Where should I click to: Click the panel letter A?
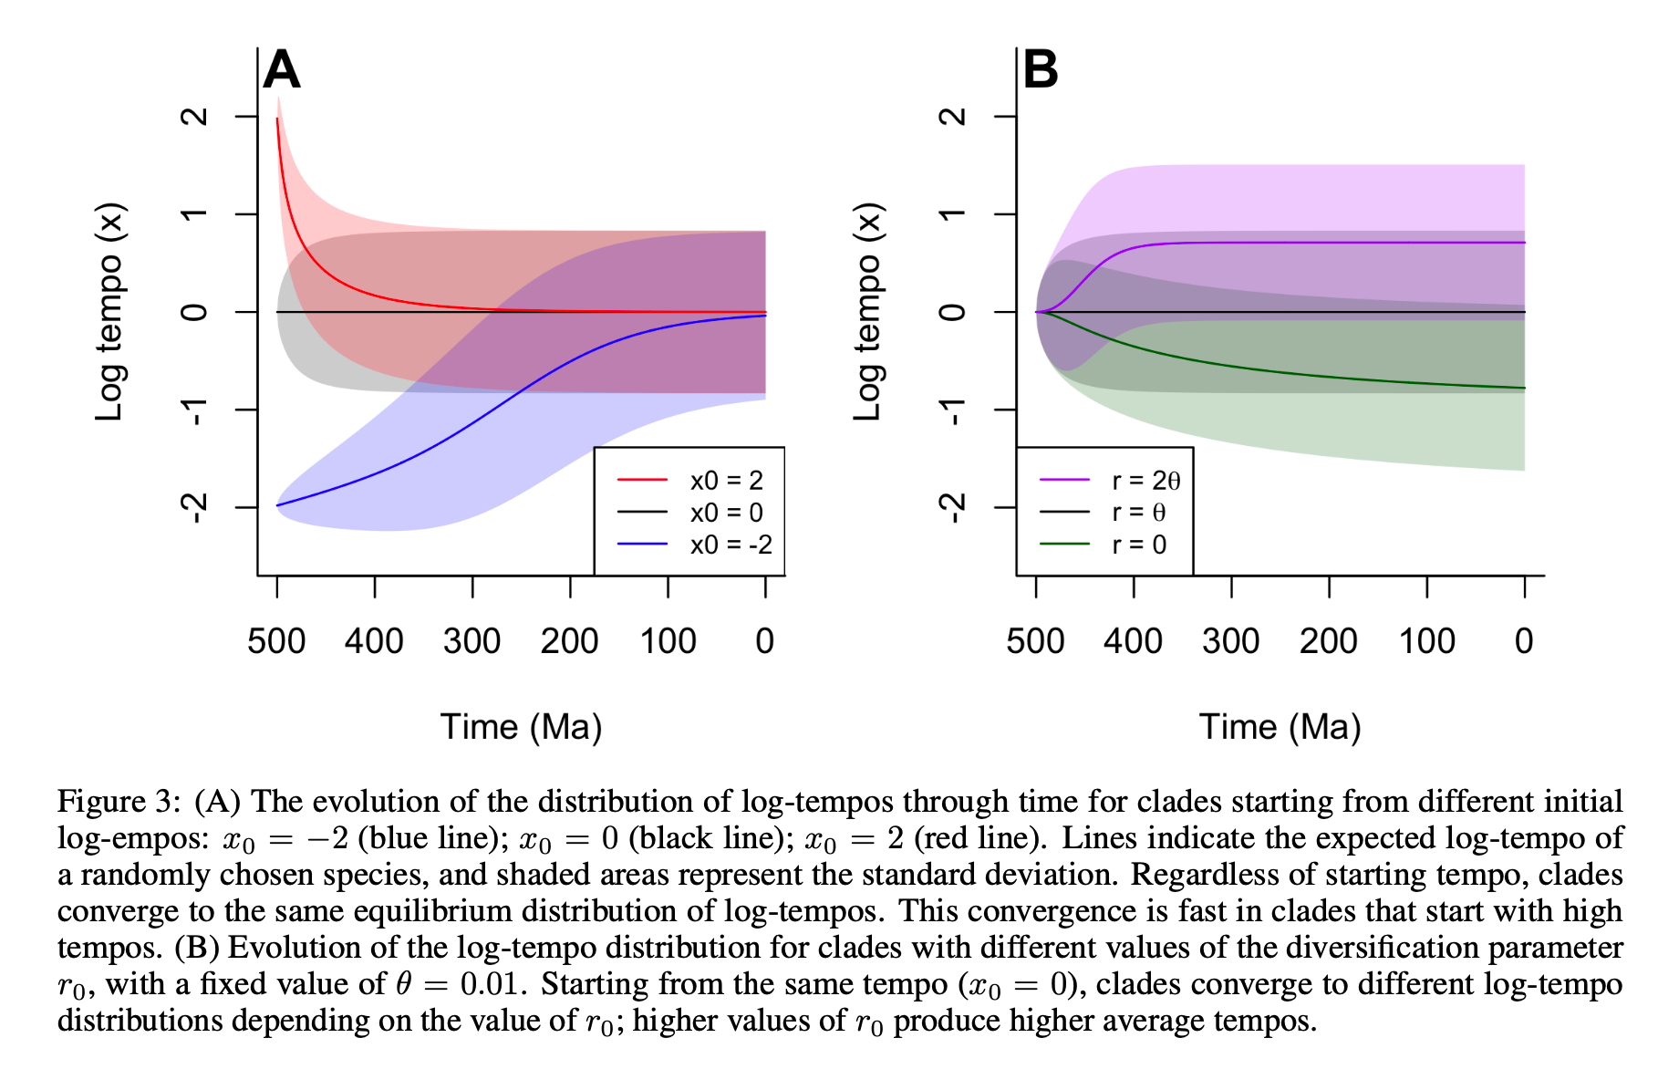(x=282, y=70)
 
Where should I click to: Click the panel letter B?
(x=1041, y=70)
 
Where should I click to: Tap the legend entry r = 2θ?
(x=1145, y=481)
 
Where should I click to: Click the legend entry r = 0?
(x=1139, y=545)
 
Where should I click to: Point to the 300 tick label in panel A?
(x=472, y=641)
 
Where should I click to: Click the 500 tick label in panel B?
(x=1035, y=641)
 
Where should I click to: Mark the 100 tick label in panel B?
(x=1427, y=641)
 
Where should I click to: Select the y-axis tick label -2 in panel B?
(x=953, y=507)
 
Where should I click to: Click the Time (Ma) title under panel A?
(x=522, y=727)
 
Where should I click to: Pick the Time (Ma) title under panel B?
(x=1280, y=727)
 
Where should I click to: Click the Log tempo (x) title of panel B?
(x=867, y=312)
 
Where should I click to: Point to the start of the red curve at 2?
(x=277, y=119)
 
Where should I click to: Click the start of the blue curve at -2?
(x=277, y=504)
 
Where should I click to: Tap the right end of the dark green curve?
(x=1524, y=389)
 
